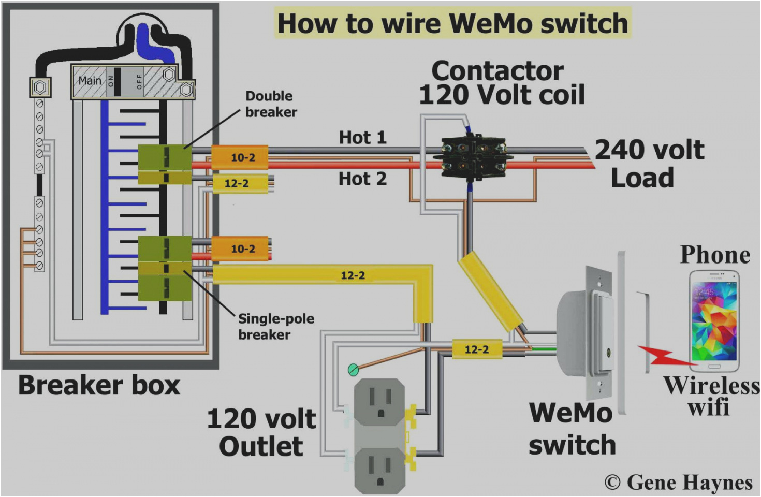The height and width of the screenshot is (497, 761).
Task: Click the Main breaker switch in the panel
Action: [118, 81]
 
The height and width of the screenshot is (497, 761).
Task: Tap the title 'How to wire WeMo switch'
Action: [452, 23]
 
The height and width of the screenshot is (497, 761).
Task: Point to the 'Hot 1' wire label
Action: [362, 138]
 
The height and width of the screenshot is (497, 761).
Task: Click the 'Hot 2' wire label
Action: [362, 179]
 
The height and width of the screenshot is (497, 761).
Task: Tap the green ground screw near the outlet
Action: [353, 369]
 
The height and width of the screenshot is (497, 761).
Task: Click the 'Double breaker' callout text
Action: [271, 104]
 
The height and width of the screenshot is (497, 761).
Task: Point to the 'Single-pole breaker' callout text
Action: [275, 327]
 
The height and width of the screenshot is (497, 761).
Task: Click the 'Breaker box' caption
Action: [99, 386]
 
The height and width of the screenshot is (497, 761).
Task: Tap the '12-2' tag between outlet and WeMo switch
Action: [476, 349]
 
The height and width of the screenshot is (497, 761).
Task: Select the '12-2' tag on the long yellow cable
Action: [353, 275]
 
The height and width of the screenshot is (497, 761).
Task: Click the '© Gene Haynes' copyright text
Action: [678, 483]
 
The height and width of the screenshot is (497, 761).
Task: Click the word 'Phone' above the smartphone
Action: [715, 255]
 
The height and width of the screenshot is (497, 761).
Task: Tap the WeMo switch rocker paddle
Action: [604, 331]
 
